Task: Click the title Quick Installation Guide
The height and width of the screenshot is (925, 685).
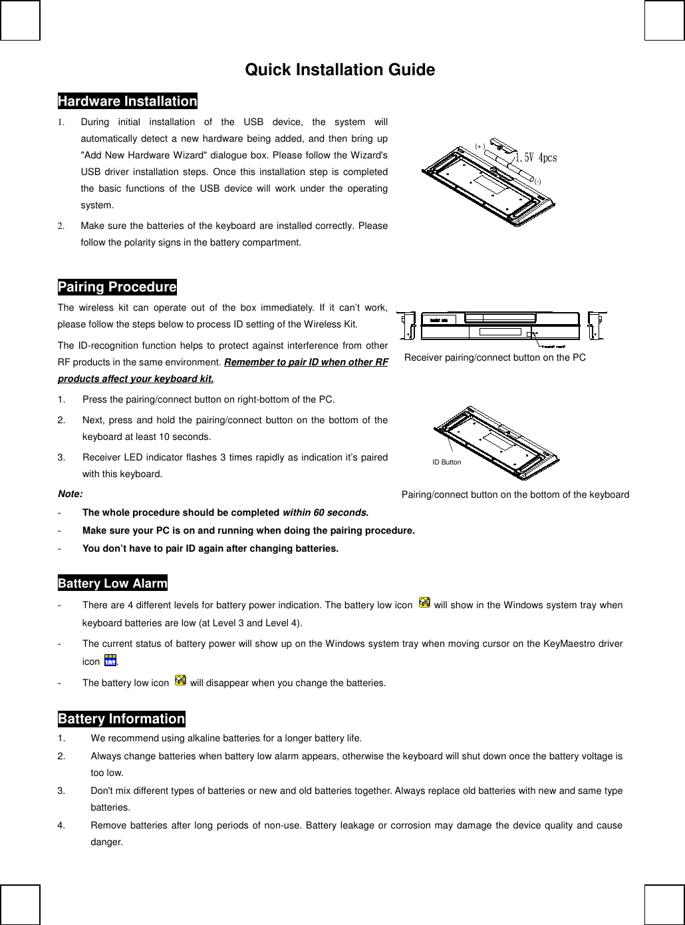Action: pos(340,70)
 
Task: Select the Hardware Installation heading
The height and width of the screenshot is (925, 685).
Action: pos(127,101)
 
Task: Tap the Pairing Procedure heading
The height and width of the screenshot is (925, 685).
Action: pos(117,287)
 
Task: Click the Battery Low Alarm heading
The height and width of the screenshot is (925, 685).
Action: pos(112,583)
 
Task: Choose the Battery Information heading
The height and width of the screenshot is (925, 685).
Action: pos(121,719)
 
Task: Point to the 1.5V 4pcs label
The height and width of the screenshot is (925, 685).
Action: pos(536,158)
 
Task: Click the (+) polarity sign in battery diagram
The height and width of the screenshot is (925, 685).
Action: pos(480,145)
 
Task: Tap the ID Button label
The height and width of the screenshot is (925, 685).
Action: pos(446,462)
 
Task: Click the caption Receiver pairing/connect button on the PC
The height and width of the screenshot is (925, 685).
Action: pos(495,358)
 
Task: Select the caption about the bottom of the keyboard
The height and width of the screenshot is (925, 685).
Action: pos(515,494)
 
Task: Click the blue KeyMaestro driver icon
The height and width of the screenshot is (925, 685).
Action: pos(110,661)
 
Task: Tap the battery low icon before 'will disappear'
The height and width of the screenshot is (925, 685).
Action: pos(180,680)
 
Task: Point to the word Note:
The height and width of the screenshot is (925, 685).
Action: pos(70,494)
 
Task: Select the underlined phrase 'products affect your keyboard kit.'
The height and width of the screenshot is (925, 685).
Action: pos(136,379)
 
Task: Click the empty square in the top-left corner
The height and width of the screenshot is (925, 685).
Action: pos(20,20)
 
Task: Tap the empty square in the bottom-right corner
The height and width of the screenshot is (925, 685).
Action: pos(664,904)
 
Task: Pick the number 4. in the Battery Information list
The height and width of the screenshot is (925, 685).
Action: pos(61,825)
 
